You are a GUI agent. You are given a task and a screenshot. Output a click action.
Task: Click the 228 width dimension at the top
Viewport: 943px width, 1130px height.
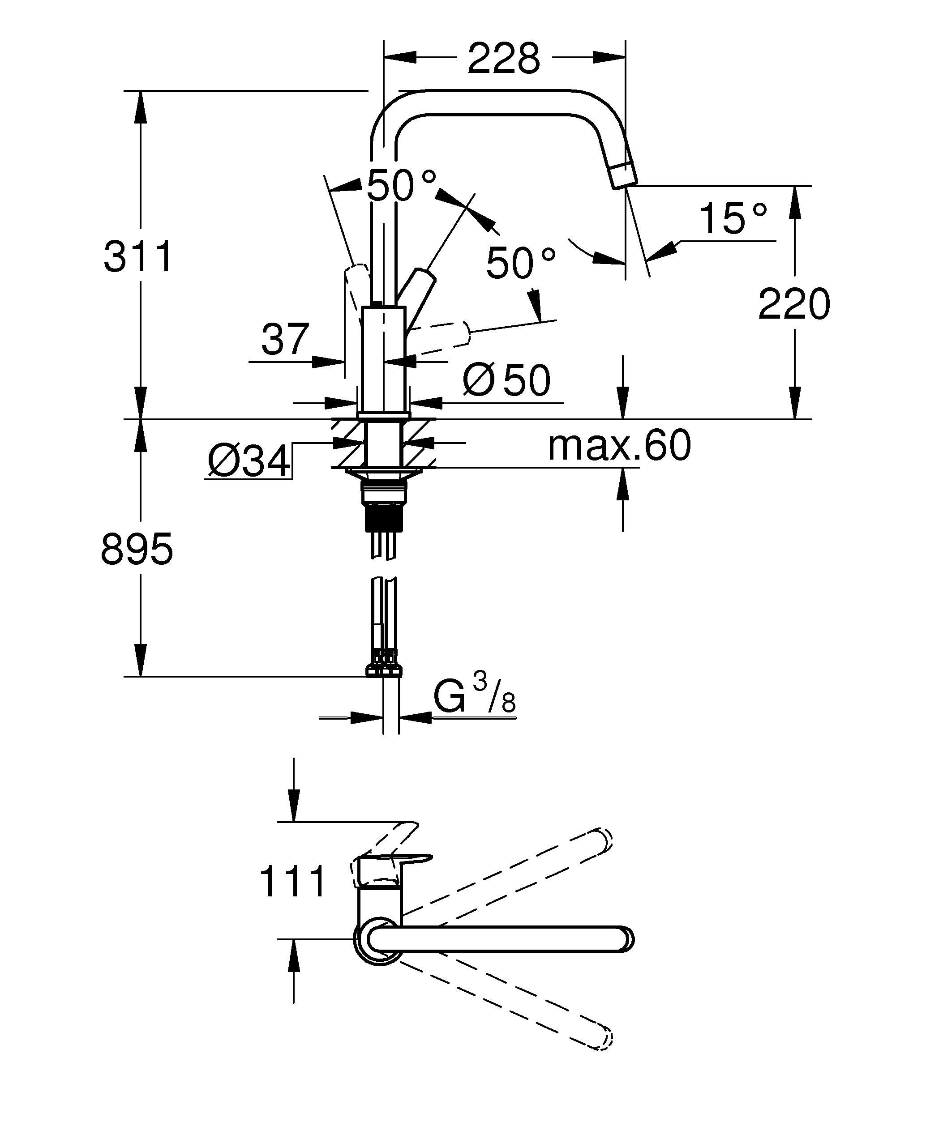tap(503, 58)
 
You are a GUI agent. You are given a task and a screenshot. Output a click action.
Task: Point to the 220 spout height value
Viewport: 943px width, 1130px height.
tap(794, 303)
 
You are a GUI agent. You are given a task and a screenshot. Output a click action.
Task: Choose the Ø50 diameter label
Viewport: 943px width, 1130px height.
tap(506, 380)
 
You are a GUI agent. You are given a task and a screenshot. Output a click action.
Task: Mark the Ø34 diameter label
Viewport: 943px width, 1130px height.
tap(249, 461)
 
